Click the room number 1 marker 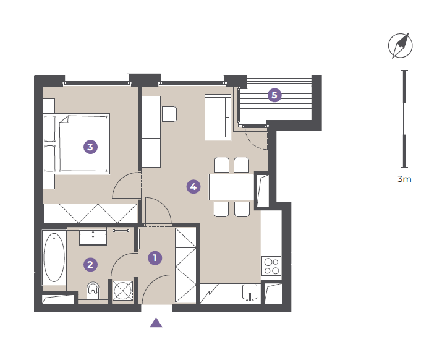[155, 258]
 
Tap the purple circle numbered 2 [90, 265]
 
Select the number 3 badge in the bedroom [90, 147]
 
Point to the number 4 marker [193, 187]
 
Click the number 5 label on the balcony [274, 95]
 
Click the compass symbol [401, 45]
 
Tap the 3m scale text [404, 179]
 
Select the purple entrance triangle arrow [156, 322]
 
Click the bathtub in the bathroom [54, 257]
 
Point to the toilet [93, 291]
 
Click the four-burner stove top [271, 266]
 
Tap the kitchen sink [250, 293]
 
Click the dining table [232, 187]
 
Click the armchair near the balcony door [218, 118]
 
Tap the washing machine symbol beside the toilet [123, 291]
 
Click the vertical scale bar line [404, 119]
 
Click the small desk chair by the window [169, 114]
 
